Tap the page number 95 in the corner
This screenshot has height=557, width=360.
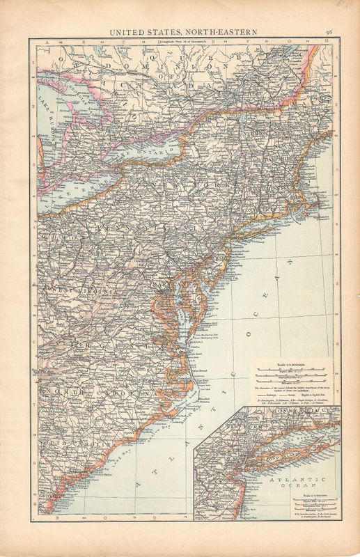coord(328,30)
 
